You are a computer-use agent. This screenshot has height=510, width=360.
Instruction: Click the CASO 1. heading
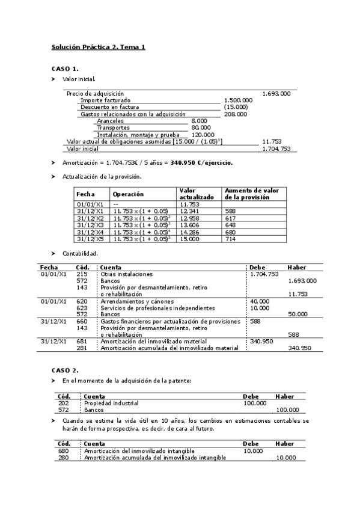[x=64, y=69]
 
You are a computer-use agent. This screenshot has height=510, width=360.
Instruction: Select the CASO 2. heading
[x=64, y=370]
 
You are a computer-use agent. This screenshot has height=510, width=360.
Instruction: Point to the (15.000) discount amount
[x=235, y=107]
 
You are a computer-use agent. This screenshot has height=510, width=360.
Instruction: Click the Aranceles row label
[x=110, y=121]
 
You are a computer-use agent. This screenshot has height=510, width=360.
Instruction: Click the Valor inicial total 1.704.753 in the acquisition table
[x=276, y=149]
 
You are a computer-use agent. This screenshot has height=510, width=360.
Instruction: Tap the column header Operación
[x=128, y=194]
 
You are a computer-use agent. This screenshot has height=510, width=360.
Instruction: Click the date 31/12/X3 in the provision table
[x=90, y=225]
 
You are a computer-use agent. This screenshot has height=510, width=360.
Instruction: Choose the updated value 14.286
[x=190, y=232]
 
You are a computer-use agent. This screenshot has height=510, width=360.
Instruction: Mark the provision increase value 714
[x=230, y=239]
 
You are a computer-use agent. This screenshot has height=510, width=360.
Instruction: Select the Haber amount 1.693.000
[x=302, y=281]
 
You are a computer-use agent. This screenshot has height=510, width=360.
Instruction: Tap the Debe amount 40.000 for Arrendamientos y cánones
[x=260, y=301]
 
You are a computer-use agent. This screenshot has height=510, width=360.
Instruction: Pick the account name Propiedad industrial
[x=111, y=403]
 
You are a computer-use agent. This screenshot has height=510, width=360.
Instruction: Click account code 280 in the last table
[x=64, y=458]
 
